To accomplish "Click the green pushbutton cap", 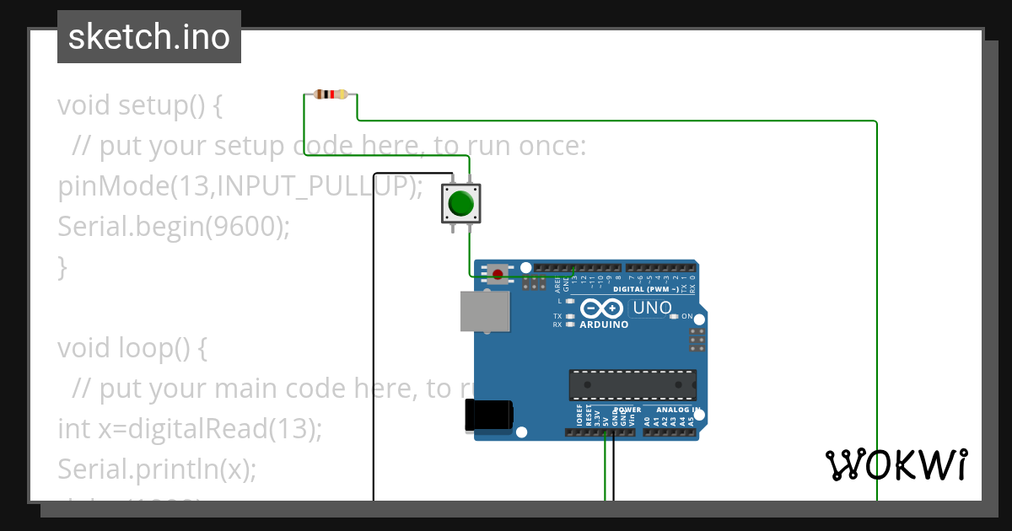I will [x=460, y=203].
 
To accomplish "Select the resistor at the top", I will [x=331, y=94].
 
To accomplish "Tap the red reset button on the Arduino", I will [x=498, y=273].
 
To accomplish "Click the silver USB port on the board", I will [x=485, y=312].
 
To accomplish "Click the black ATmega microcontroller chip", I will [x=632, y=384].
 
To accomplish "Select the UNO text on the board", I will [x=652, y=308].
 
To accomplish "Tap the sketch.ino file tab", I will [x=149, y=37].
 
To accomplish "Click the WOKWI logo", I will [x=896, y=464].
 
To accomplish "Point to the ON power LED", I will [x=674, y=317].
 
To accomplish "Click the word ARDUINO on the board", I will [x=604, y=324].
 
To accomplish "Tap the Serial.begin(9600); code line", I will [x=173, y=227].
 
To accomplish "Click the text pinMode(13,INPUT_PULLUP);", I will [x=240, y=186].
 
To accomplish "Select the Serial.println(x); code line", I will [x=156, y=469].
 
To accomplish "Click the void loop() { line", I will [x=132, y=348].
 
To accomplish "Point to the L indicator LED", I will [x=570, y=301].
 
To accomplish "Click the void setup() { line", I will [x=140, y=106].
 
